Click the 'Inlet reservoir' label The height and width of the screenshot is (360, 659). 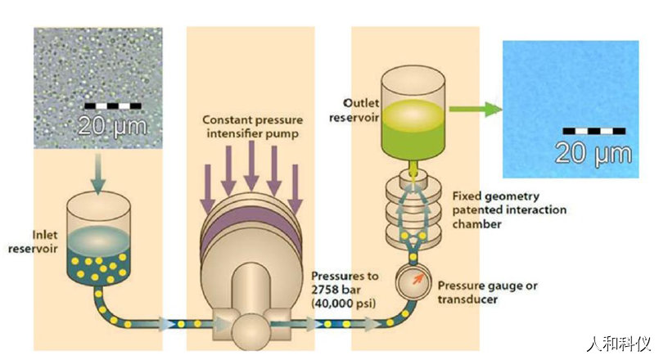[33, 241]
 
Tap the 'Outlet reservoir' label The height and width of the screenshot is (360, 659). [354, 110]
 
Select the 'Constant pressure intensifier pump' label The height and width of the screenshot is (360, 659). [253, 127]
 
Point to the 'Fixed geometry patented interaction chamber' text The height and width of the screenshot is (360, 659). [509, 209]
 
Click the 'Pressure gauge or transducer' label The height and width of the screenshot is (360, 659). [488, 292]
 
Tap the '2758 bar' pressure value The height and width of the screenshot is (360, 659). [336, 290]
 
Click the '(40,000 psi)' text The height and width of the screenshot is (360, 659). [344, 304]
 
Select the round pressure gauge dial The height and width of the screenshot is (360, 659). [413, 281]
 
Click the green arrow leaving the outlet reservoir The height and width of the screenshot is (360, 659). [476, 109]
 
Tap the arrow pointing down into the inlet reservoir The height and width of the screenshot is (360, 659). [98, 174]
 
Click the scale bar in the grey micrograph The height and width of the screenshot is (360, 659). [113, 106]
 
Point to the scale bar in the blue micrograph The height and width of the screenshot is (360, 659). [594, 131]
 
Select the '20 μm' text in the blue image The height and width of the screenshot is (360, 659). [594, 153]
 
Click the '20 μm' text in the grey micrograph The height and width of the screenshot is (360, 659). [113, 125]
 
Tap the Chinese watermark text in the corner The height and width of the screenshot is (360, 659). [619, 344]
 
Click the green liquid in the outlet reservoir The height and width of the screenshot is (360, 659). [413, 130]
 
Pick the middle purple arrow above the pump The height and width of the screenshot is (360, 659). [251, 165]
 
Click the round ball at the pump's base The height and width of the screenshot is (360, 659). [251, 332]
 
